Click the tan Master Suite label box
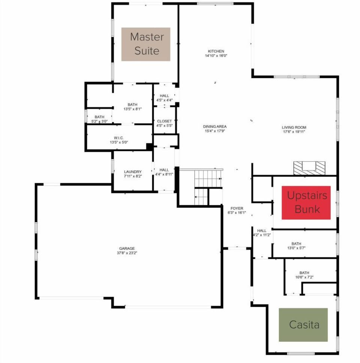coord(146,44)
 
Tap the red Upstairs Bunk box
coord(306,202)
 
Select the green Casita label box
coord(303,324)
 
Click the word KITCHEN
coord(216,51)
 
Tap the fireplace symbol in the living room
coord(309,168)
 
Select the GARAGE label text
coord(127,248)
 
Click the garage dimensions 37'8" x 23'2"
coord(127,253)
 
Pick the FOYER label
coord(237,208)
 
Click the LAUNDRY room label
coord(133,172)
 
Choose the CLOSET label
coord(164,121)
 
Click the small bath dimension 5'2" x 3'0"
coord(99,121)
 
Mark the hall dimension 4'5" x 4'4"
coord(164,100)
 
